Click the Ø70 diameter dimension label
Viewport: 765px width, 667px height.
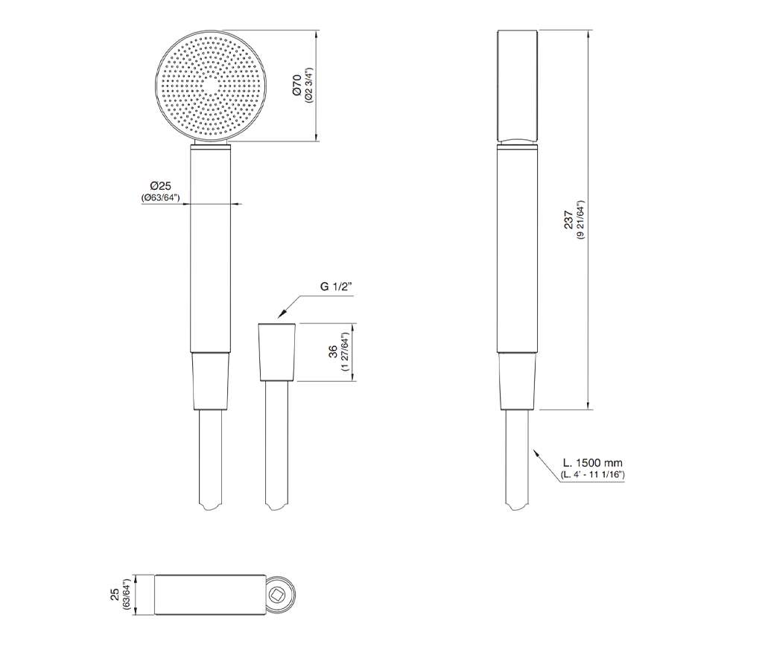297,85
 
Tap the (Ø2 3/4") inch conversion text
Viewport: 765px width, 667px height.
309,85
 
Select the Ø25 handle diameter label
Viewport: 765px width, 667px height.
160,186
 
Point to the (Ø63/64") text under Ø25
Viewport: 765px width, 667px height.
160,197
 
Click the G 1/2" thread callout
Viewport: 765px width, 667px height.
336,286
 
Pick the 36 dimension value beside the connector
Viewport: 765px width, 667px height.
333,351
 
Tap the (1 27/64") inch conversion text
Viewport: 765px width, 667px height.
346,351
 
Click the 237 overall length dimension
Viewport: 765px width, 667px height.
569,220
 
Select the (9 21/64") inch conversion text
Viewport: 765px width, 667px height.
580,220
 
